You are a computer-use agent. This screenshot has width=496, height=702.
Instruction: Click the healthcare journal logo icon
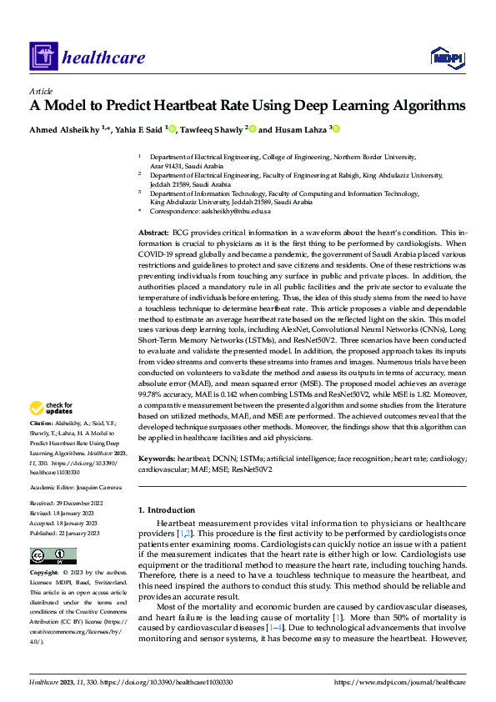point(42,58)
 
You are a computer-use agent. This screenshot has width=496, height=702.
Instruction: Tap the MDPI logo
point(448,57)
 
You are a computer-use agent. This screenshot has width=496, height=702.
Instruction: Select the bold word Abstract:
point(153,229)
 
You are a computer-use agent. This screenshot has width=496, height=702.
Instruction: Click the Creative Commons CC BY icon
point(53,556)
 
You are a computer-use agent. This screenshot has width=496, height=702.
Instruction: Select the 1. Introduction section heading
point(166,510)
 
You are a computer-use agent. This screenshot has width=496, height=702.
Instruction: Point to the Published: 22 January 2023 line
point(65,534)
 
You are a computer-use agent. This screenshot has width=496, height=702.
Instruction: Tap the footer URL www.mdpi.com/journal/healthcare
point(399,683)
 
